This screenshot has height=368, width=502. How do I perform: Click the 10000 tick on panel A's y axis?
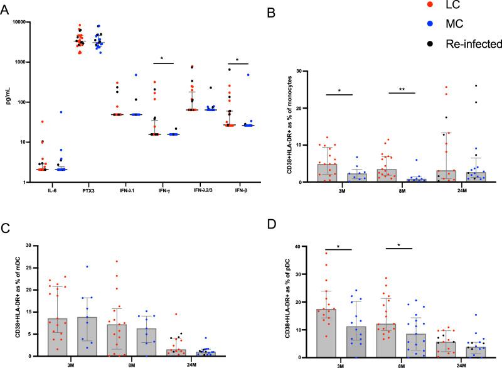(x=33, y=22)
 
